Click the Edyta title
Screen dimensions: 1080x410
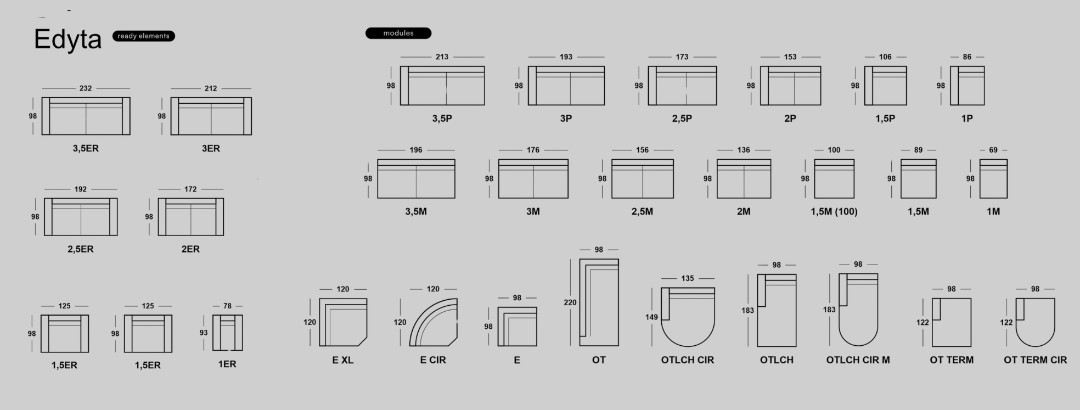coord(67,40)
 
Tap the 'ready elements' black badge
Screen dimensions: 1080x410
coord(143,36)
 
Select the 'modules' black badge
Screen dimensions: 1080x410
coord(398,33)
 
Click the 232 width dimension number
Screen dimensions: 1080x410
coord(86,88)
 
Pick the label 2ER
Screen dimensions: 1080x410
coord(190,249)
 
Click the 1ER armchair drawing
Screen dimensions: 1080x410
coord(227,333)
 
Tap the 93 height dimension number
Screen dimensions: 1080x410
coord(204,333)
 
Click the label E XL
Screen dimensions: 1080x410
coord(343,360)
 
